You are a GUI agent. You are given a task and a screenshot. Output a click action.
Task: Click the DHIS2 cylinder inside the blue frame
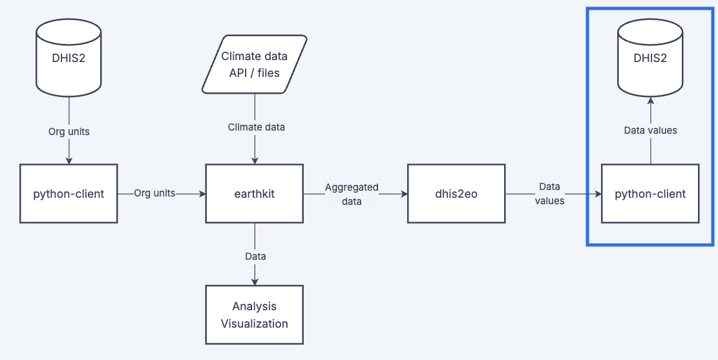click(650, 58)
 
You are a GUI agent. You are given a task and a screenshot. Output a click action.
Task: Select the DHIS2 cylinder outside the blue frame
click(69, 56)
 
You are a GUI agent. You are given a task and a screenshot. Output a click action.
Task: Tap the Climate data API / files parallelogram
click(254, 64)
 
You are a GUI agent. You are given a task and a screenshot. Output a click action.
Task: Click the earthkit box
click(254, 193)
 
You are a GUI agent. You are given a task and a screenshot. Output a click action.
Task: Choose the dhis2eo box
click(456, 193)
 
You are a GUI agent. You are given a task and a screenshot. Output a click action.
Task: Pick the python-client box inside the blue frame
click(650, 193)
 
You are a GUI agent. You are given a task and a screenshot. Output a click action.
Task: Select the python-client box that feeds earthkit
click(69, 193)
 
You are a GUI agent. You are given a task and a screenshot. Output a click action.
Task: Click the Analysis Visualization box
click(254, 315)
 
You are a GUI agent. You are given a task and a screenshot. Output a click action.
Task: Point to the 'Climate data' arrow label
click(256, 127)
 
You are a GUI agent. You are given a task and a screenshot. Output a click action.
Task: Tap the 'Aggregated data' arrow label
click(352, 194)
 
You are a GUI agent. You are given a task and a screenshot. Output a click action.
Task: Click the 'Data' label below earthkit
click(255, 256)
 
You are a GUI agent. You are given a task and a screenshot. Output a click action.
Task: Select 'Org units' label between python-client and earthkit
click(154, 193)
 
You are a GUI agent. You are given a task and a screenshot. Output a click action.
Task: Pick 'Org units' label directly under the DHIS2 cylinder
click(69, 131)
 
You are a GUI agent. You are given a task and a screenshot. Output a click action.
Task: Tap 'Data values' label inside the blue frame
click(650, 130)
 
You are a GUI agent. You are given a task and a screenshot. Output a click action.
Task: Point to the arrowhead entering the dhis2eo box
click(403, 193)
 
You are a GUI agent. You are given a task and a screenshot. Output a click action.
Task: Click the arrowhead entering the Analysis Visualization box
click(255, 281)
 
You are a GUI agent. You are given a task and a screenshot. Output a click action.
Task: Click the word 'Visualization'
click(254, 323)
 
